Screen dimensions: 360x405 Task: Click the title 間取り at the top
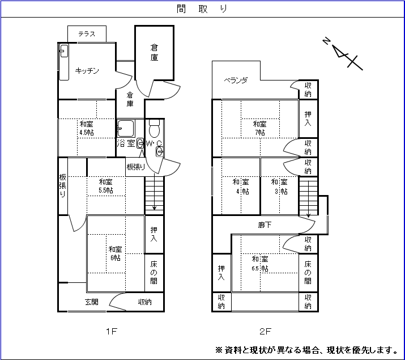[202, 9]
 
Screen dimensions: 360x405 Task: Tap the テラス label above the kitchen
[87, 34]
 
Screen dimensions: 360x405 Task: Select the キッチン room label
[87, 71]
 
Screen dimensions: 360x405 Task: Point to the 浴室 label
[125, 143]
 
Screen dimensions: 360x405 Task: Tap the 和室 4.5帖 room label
[87, 128]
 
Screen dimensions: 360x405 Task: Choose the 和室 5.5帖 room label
[105, 186]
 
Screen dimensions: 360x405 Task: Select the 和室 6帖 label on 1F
[116, 253]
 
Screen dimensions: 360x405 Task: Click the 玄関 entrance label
[92, 302]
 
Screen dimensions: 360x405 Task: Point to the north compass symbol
[342, 53]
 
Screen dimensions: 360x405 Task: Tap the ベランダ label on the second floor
[235, 81]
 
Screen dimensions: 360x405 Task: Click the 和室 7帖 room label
[260, 128]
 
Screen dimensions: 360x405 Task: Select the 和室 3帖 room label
[279, 187]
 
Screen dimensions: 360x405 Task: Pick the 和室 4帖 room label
[241, 187]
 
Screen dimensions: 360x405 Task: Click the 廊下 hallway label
[265, 225]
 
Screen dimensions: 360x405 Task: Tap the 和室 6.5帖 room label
[260, 263]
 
